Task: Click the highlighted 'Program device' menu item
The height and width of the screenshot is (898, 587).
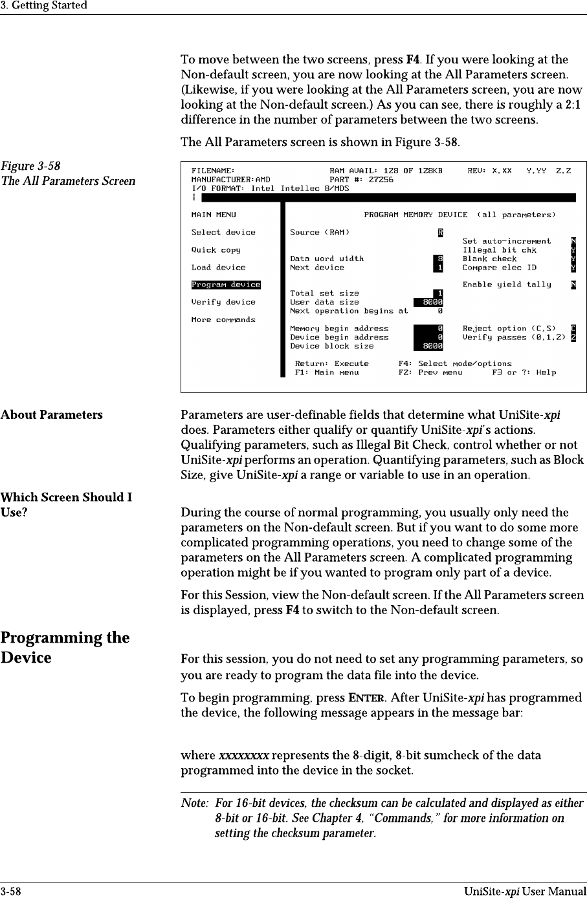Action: click(x=226, y=284)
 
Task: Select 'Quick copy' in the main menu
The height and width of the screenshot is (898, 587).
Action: click(x=216, y=250)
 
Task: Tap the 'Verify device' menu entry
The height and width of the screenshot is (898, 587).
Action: click(x=223, y=302)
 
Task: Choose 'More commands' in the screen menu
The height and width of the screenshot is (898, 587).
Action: click(x=223, y=319)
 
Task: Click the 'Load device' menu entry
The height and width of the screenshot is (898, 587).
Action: click(x=218, y=267)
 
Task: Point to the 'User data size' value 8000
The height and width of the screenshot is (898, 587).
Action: click(x=429, y=302)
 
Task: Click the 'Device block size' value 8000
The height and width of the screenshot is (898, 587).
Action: click(x=429, y=346)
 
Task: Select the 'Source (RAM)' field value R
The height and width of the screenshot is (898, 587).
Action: click(x=440, y=232)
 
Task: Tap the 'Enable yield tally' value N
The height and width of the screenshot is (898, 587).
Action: click(x=573, y=284)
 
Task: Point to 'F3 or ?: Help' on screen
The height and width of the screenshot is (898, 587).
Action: click(x=524, y=372)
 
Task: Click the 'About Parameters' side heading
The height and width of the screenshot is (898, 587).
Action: click(x=52, y=415)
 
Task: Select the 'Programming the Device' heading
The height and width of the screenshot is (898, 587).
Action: click(x=65, y=648)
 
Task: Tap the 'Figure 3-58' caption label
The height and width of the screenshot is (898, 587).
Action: click(x=31, y=166)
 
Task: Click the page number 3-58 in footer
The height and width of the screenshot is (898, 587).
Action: click(x=10, y=892)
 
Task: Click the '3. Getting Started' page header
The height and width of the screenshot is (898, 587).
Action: click(x=44, y=6)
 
